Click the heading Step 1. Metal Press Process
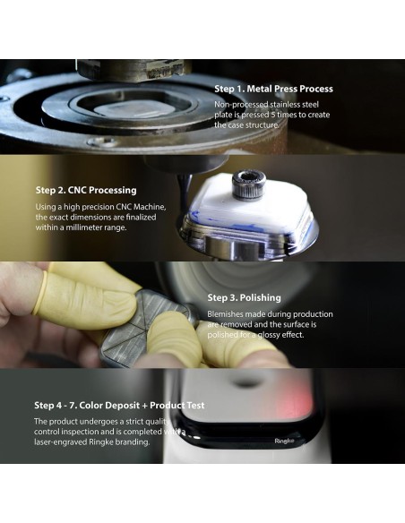click(273, 89)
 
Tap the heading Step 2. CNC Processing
click(86, 190)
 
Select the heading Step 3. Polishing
click(245, 297)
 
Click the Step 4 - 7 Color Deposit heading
click(119, 406)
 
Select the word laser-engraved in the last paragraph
click(61, 442)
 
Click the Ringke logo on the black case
click(285, 441)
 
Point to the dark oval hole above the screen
click(246, 383)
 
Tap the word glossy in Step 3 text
click(268, 335)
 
